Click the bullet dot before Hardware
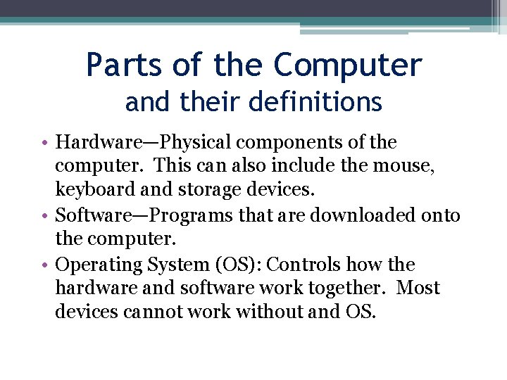[44, 143]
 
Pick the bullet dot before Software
[44, 215]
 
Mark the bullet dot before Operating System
[44, 265]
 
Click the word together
[350, 289]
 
